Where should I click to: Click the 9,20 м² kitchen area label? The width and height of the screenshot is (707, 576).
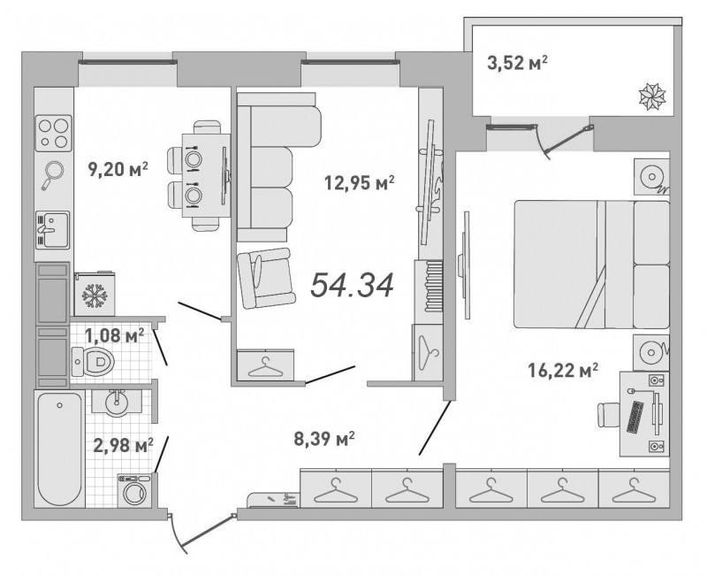(x=118, y=170)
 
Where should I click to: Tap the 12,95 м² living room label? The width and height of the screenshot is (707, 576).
(x=360, y=183)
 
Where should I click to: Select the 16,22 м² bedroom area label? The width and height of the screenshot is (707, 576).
(x=563, y=371)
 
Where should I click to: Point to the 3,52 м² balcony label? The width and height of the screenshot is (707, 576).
(x=517, y=63)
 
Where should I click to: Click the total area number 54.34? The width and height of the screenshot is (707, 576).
(x=352, y=285)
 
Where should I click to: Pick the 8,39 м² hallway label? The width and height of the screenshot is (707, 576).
(x=323, y=438)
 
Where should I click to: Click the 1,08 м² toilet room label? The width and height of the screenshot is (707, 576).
(x=115, y=335)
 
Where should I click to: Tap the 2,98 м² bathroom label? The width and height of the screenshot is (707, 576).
(x=123, y=446)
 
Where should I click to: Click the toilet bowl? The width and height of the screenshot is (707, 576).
(x=93, y=361)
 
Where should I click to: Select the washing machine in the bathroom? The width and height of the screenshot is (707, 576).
(x=134, y=491)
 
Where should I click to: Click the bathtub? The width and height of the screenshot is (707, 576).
(x=60, y=449)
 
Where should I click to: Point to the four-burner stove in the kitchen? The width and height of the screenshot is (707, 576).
(x=54, y=134)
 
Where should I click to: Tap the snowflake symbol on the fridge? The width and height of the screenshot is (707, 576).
(x=95, y=296)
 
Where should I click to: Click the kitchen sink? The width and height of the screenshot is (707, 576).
(x=52, y=229)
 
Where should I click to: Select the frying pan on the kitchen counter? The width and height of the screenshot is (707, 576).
(x=53, y=174)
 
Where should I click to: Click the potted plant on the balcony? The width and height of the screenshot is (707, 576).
(x=652, y=97)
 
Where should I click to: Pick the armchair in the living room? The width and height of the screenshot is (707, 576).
(x=266, y=278)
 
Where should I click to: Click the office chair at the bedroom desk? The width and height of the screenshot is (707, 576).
(x=608, y=415)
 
